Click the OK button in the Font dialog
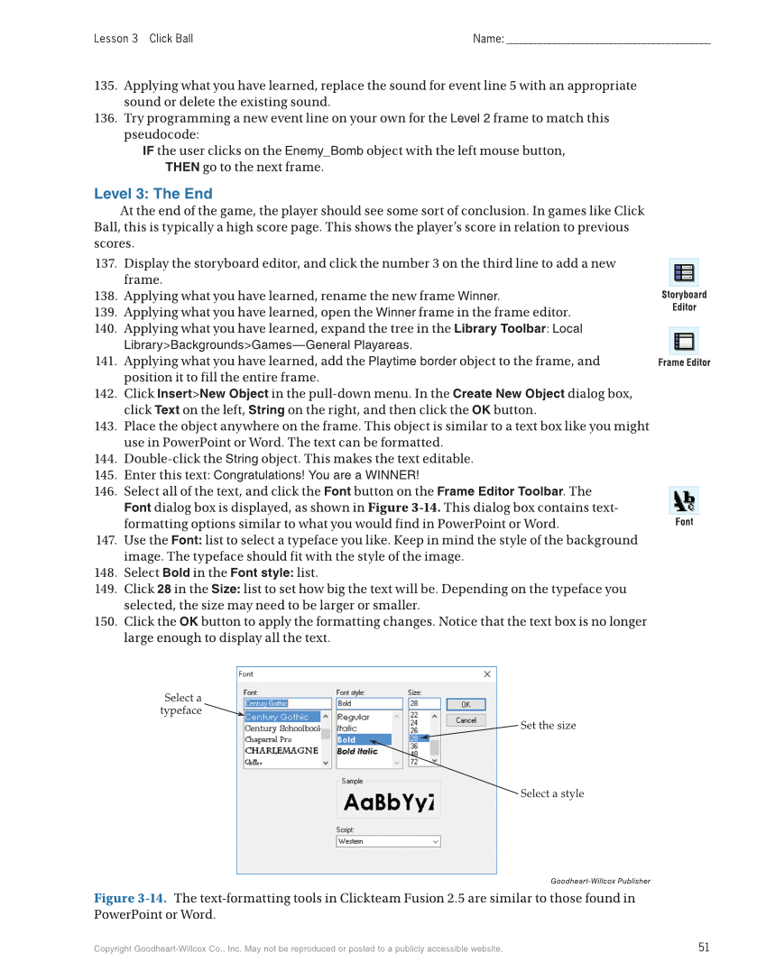click(466, 704)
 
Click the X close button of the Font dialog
click(487, 674)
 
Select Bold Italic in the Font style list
click(358, 751)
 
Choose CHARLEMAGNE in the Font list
click(281, 750)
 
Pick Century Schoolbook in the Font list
click(281, 728)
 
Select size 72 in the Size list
click(415, 762)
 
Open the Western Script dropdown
click(388, 841)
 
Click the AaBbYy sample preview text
click(388, 802)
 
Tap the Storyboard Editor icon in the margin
click(684, 272)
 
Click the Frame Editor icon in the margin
click(684, 342)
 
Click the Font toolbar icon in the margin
click(684, 500)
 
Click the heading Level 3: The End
click(153, 194)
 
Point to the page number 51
click(704, 947)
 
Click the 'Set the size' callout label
click(548, 726)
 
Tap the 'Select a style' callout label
click(551, 793)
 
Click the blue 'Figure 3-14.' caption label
click(130, 898)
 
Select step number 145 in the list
click(106, 475)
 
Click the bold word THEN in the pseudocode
click(181, 167)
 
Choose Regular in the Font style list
click(354, 718)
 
